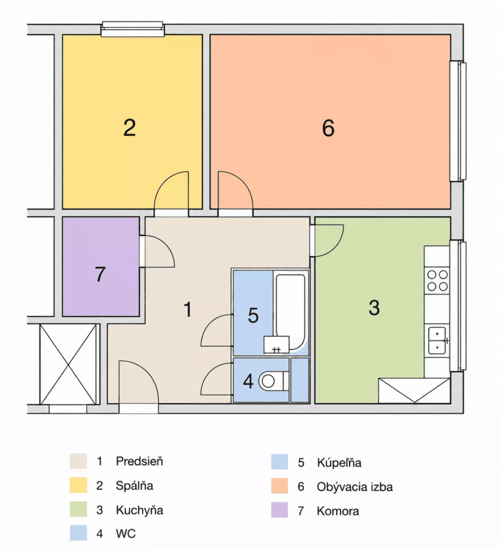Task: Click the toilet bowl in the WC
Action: (x=274, y=381)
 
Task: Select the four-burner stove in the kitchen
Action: (x=437, y=281)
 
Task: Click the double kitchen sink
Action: (x=437, y=341)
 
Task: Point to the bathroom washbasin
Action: (x=276, y=345)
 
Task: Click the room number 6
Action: (x=328, y=128)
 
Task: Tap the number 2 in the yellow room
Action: (x=129, y=128)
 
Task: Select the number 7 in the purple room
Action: (x=100, y=274)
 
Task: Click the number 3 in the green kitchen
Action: (x=374, y=308)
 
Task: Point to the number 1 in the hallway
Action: (x=188, y=309)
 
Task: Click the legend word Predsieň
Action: (x=139, y=461)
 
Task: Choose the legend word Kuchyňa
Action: (x=139, y=510)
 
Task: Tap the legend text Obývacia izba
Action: (x=355, y=487)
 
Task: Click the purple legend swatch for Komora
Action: (x=280, y=510)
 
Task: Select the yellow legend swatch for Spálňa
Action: (x=78, y=485)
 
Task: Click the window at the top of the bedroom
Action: (x=132, y=29)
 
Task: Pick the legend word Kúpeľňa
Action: (x=339, y=462)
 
